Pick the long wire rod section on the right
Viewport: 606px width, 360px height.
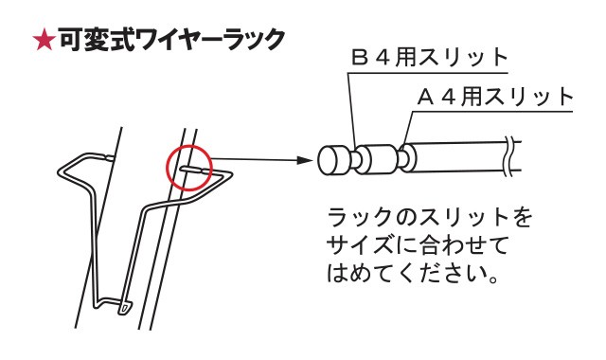pos(459,155)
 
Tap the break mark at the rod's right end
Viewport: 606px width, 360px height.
pos(511,153)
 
